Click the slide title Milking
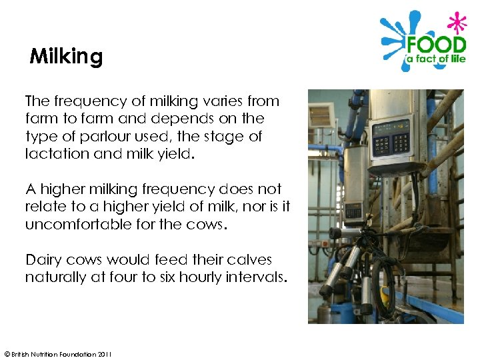[66, 57]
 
